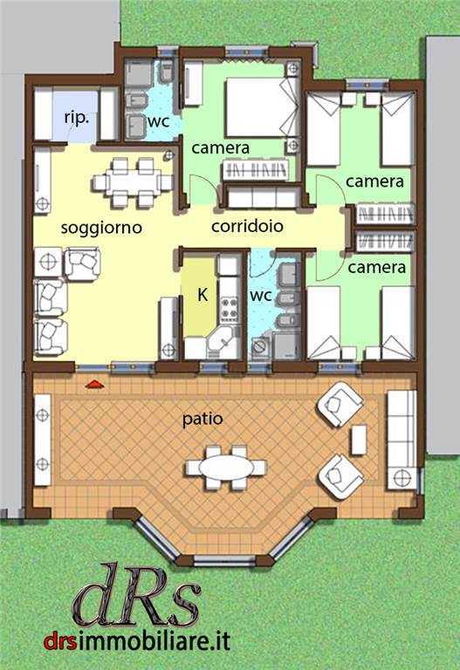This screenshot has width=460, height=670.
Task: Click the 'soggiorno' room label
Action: tap(101, 228)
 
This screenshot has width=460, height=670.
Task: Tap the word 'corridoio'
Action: tap(247, 226)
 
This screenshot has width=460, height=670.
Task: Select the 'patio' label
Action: tap(203, 419)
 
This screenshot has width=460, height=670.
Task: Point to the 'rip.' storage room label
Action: tap(77, 118)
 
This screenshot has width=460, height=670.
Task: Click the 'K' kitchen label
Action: tap(203, 294)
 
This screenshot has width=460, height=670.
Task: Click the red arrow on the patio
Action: tap(94, 385)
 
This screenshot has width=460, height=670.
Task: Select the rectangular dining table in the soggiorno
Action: tap(133, 182)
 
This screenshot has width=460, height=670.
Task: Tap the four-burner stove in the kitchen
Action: tap(229, 310)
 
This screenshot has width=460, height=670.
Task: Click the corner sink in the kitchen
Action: tap(223, 342)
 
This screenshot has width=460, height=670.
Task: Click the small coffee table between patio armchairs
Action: tap(358, 440)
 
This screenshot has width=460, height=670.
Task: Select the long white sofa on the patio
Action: tap(402, 440)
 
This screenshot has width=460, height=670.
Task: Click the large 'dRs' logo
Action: tap(137, 596)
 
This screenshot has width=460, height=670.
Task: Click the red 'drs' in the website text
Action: tap(58, 641)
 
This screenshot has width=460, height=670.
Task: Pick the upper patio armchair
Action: tap(340, 404)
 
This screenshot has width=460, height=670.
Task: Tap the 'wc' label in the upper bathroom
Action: tap(158, 122)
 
